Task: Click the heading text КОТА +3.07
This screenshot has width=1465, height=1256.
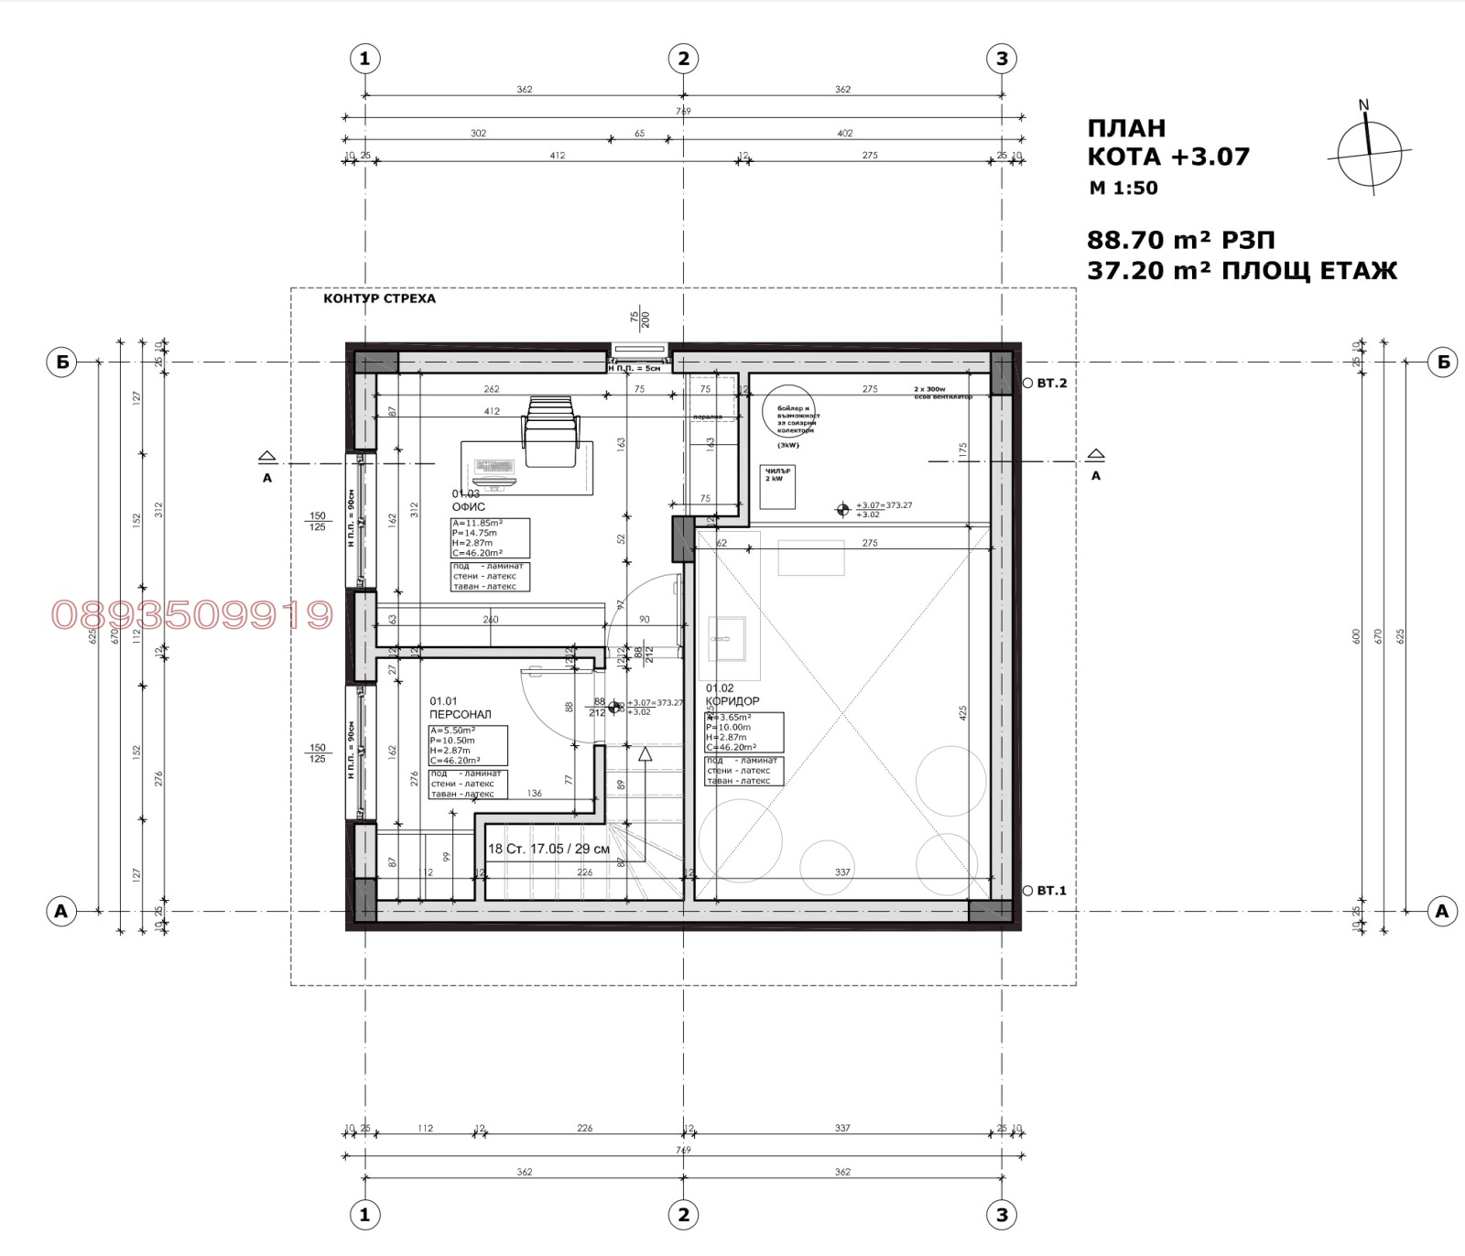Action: tap(1168, 157)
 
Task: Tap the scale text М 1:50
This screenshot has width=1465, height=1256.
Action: tap(1123, 189)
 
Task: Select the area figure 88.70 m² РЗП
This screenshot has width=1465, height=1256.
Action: tap(1180, 240)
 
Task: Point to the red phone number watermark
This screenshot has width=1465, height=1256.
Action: tap(192, 615)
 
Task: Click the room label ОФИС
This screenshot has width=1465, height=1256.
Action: tap(468, 507)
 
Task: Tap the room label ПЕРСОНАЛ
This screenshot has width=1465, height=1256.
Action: tap(460, 714)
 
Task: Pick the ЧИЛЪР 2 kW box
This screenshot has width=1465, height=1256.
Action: tap(777, 486)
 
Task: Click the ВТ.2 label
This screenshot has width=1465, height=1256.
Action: tap(1052, 384)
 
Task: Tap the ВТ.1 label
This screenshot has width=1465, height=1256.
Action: tap(1052, 890)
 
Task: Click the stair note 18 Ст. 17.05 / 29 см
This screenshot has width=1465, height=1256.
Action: tap(548, 849)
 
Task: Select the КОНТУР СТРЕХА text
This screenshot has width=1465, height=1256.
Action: tap(379, 298)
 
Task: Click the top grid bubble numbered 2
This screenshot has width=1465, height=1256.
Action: tap(683, 59)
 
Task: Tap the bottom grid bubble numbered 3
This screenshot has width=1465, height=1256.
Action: tap(1002, 1215)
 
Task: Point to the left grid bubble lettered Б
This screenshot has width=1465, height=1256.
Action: tap(61, 363)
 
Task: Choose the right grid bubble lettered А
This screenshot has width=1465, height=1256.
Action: tap(1443, 911)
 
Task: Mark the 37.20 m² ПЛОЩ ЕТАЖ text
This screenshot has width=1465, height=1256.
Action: tap(1242, 271)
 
